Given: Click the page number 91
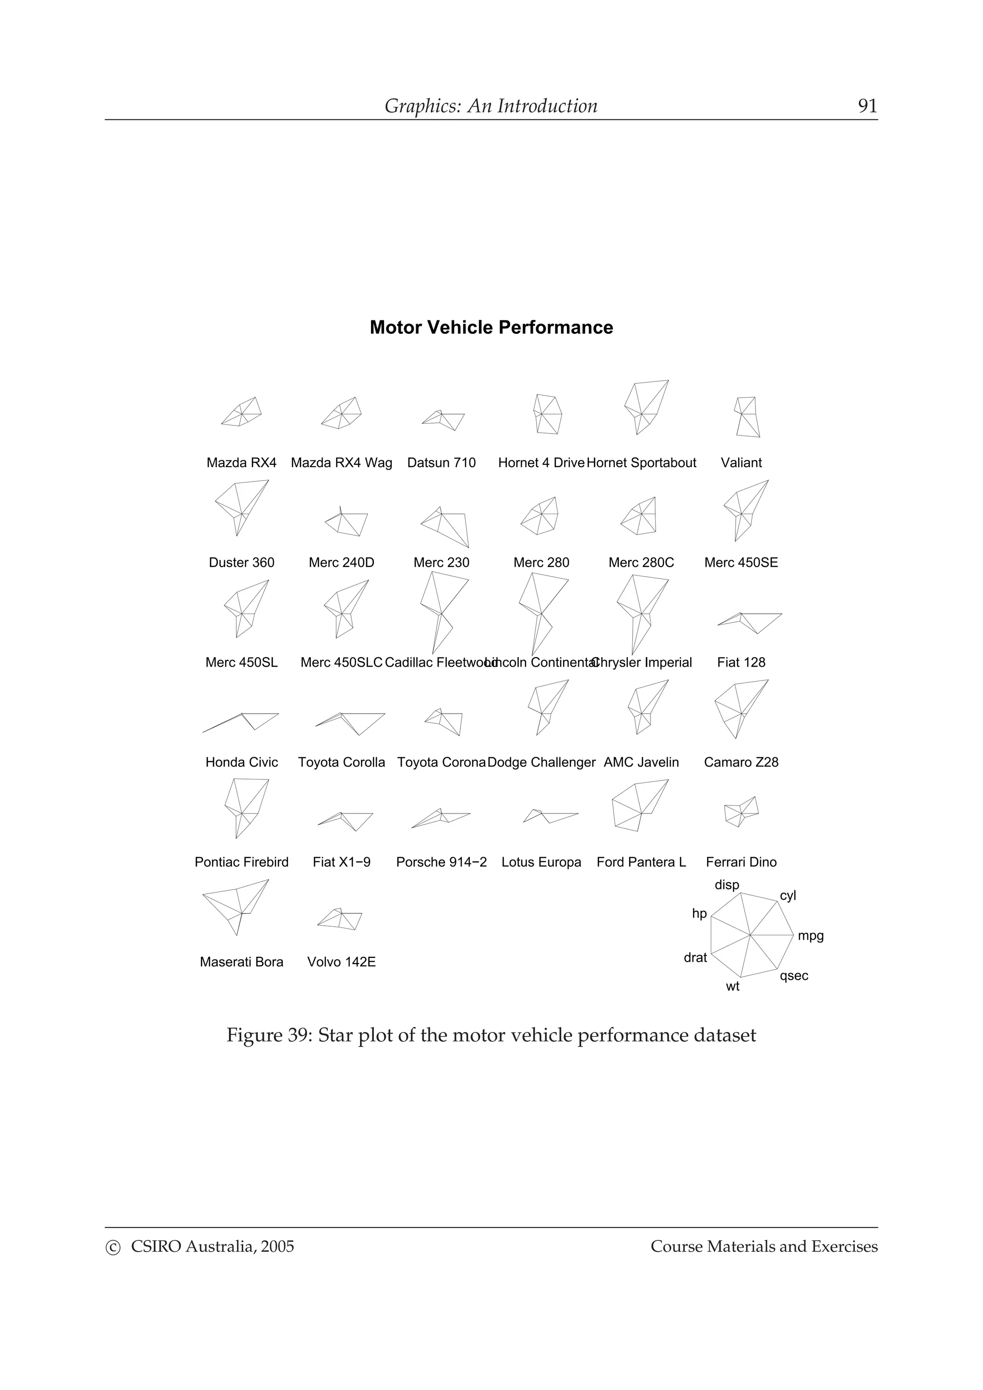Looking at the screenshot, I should tap(867, 106).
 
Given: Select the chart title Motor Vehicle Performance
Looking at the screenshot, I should tap(491, 328).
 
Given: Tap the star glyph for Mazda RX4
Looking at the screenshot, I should tap(241, 413).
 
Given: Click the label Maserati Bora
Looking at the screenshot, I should tap(241, 962).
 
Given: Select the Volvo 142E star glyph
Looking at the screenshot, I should tap(340, 919).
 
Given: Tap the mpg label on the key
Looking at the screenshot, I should tap(810, 936).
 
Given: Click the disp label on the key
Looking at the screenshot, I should tap(727, 885).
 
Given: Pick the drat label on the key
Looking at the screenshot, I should tap(695, 958).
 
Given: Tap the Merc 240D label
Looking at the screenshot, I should tap(342, 563).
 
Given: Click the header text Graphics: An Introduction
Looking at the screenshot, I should tap(491, 106).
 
